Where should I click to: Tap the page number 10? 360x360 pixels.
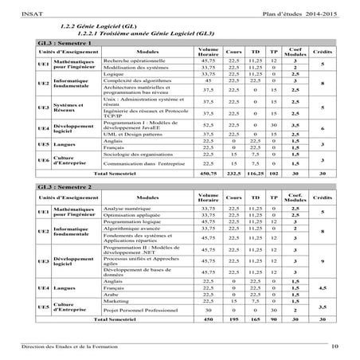click(x=335, y=345)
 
